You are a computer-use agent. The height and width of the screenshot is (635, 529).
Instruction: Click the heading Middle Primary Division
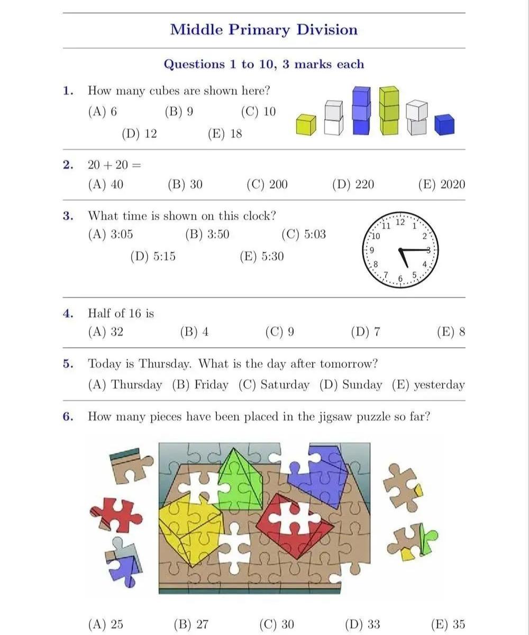click(x=264, y=29)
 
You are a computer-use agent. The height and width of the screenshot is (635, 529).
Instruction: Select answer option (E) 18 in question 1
click(x=225, y=133)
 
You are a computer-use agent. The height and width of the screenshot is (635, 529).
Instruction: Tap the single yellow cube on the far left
click(x=306, y=125)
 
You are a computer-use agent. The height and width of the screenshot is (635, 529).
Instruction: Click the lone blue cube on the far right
click(x=444, y=125)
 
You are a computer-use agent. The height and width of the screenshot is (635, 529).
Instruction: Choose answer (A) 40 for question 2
click(x=106, y=184)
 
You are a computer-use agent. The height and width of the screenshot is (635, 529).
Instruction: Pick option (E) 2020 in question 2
click(x=442, y=184)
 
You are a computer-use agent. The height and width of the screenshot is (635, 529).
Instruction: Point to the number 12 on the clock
click(x=400, y=222)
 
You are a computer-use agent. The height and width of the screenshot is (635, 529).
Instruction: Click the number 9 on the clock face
click(x=372, y=250)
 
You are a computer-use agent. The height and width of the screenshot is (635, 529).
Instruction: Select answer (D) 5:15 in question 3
click(x=153, y=257)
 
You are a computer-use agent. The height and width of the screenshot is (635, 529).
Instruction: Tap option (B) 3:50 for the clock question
click(x=207, y=234)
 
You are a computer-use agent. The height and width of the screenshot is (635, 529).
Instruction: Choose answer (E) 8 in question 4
click(x=451, y=332)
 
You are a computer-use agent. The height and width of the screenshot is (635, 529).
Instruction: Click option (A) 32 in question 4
click(x=106, y=332)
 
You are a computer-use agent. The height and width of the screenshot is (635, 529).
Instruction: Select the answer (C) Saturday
click(x=273, y=385)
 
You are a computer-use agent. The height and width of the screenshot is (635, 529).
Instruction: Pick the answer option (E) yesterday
click(x=428, y=385)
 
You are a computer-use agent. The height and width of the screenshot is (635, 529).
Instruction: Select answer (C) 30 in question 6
click(x=277, y=624)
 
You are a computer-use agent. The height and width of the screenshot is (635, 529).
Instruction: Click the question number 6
click(x=68, y=416)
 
